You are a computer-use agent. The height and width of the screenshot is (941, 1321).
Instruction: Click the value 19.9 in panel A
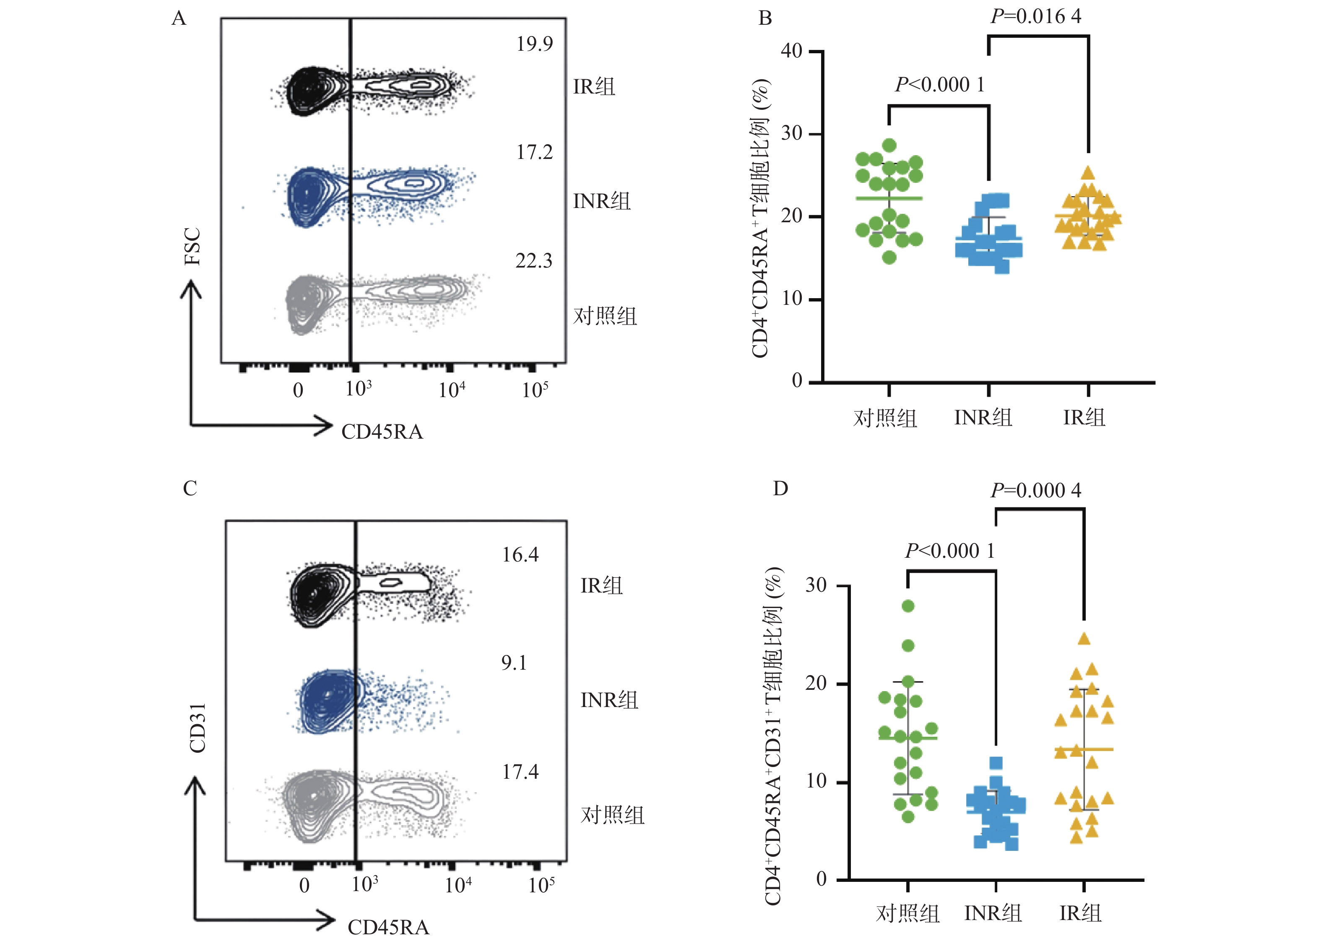[534, 44]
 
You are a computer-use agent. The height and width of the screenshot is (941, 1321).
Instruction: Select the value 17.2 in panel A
[534, 152]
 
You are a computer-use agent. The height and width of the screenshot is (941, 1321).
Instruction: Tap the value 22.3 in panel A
[533, 261]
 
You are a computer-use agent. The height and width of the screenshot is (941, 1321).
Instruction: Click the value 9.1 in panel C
[514, 662]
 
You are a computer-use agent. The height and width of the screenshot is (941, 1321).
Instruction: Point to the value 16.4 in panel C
[520, 555]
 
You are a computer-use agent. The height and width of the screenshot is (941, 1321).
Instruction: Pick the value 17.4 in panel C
[520, 772]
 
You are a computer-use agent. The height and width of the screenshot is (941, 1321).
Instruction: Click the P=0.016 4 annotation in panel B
[1035, 16]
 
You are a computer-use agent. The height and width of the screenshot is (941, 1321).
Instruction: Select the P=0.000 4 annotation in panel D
[1035, 490]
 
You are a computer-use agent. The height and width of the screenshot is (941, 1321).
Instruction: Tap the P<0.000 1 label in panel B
[939, 85]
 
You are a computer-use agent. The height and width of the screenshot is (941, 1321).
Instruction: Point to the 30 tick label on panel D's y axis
[816, 585]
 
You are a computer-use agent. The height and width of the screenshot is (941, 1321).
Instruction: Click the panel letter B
[765, 18]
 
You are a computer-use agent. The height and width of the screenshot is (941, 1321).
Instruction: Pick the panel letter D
[780, 489]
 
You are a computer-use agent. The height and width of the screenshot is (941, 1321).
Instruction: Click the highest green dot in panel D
[908, 606]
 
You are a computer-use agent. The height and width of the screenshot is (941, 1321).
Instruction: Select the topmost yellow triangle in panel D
[1084, 639]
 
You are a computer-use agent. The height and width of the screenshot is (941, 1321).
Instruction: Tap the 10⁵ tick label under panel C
[541, 885]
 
